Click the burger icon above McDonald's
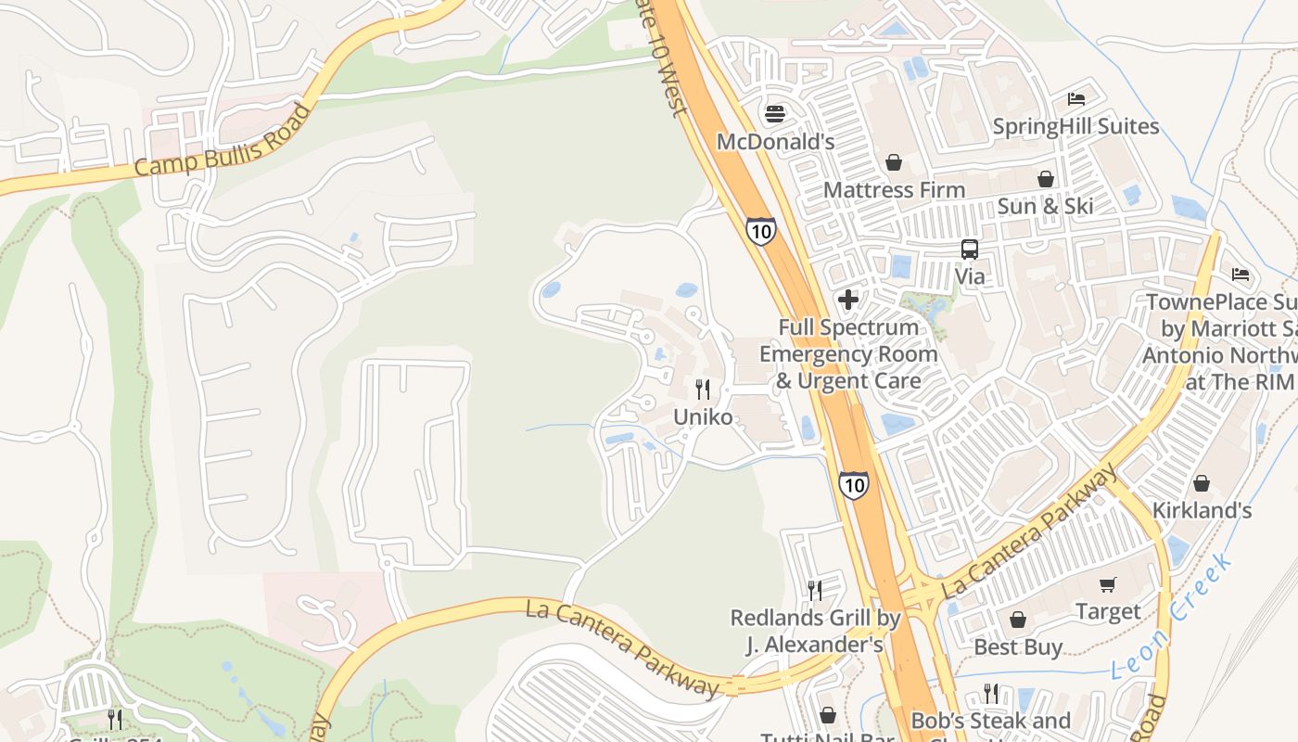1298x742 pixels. click(x=775, y=114)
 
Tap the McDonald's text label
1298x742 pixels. click(x=775, y=142)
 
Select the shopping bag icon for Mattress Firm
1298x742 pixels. click(x=894, y=163)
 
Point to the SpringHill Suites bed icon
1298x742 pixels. click(x=1075, y=99)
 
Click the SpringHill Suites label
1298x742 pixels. click(x=1075, y=126)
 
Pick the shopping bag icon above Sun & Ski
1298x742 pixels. click(x=1045, y=179)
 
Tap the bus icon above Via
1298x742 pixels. click(x=969, y=249)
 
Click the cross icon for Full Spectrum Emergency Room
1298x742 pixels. click(x=847, y=300)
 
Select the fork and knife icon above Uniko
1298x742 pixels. click(x=703, y=390)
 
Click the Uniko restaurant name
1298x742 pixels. click(x=703, y=417)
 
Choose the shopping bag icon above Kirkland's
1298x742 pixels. click(x=1202, y=483)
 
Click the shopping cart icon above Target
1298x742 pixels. click(x=1108, y=584)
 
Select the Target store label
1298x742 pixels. click(x=1108, y=611)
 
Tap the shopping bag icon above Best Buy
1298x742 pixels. click(x=1018, y=620)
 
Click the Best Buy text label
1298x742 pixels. click(x=1018, y=646)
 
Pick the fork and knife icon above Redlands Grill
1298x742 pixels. click(x=814, y=590)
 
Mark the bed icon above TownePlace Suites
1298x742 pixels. click(x=1240, y=275)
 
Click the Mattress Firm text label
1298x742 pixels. click(x=894, y=190)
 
